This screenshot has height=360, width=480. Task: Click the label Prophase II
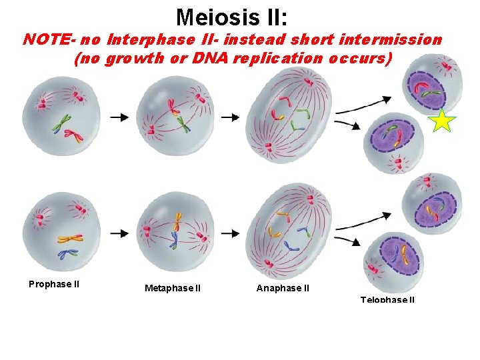(x=54, y=284)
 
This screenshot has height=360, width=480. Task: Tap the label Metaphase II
(x=173, y=289)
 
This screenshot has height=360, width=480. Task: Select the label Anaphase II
(x=283, y=289)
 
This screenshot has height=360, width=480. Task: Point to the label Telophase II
(x=387, y=300)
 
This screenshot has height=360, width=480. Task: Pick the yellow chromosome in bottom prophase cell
(x=69, y=238)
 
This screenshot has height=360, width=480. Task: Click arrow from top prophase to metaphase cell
(x=120, y=117)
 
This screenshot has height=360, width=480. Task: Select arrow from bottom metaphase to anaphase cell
(x=230, y=234)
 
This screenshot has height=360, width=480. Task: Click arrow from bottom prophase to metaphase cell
(x=120, y=234)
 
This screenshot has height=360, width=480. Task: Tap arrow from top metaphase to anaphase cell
(x=230, y=117)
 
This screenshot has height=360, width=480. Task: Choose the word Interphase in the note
(x=143, y=40)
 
